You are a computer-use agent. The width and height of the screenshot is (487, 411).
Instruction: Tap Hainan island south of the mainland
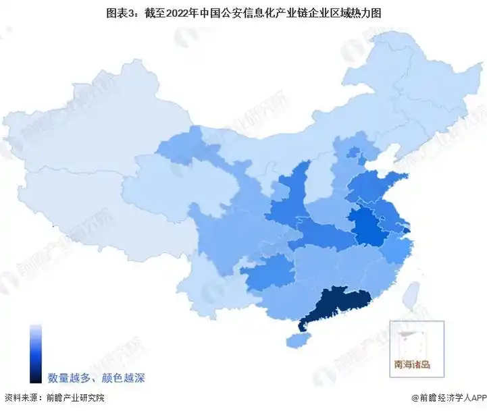click(295, 340)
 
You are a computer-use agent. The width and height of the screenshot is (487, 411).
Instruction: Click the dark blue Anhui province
click(365, 227)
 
